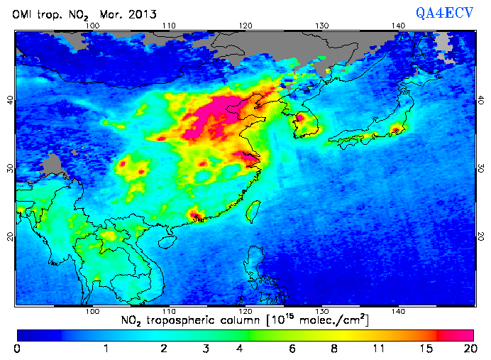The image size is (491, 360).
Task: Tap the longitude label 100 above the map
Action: click(92, 26)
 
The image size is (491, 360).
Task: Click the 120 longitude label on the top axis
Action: click(245, 26)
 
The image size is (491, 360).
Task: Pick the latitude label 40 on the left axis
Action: click(9, 100)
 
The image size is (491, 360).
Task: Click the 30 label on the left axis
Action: click(9, 168)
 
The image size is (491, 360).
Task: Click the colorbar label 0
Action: click(18, 348)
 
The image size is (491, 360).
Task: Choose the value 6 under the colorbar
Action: click(292, 348)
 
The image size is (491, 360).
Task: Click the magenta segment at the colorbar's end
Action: click(458, 334)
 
